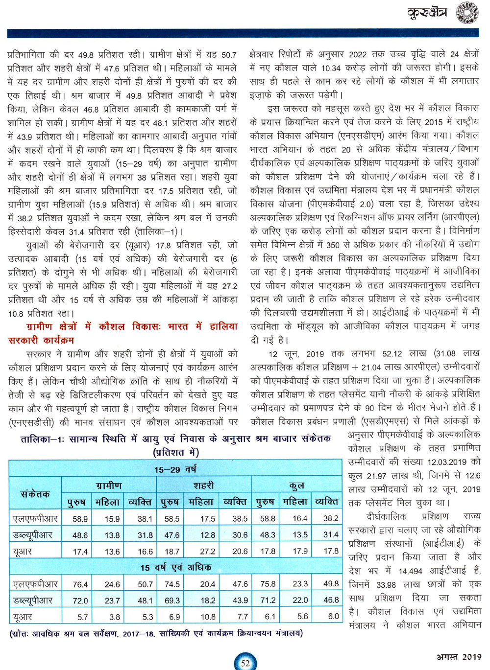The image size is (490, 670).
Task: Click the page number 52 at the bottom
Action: click(245, 663)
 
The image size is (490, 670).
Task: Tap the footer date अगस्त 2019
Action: click(459, 656)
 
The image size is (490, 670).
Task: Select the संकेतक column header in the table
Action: click(35, 494)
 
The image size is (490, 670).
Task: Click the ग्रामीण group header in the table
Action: click(109, 485)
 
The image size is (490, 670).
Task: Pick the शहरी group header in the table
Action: click(203, 485)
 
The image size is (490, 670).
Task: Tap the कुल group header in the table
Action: click(296, 485)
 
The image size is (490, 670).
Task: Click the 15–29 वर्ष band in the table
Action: click(175, 469)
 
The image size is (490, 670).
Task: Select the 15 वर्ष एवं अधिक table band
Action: click(175, 567)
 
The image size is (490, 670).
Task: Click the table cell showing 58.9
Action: click(80, 519)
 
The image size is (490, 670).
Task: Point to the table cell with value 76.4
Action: click(80, 584)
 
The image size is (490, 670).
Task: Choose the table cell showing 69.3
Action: click(172, 601)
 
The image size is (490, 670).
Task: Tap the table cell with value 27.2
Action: click(208, 552)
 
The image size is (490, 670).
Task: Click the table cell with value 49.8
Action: click(331, 584)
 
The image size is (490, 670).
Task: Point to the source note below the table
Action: click(156, 634)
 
